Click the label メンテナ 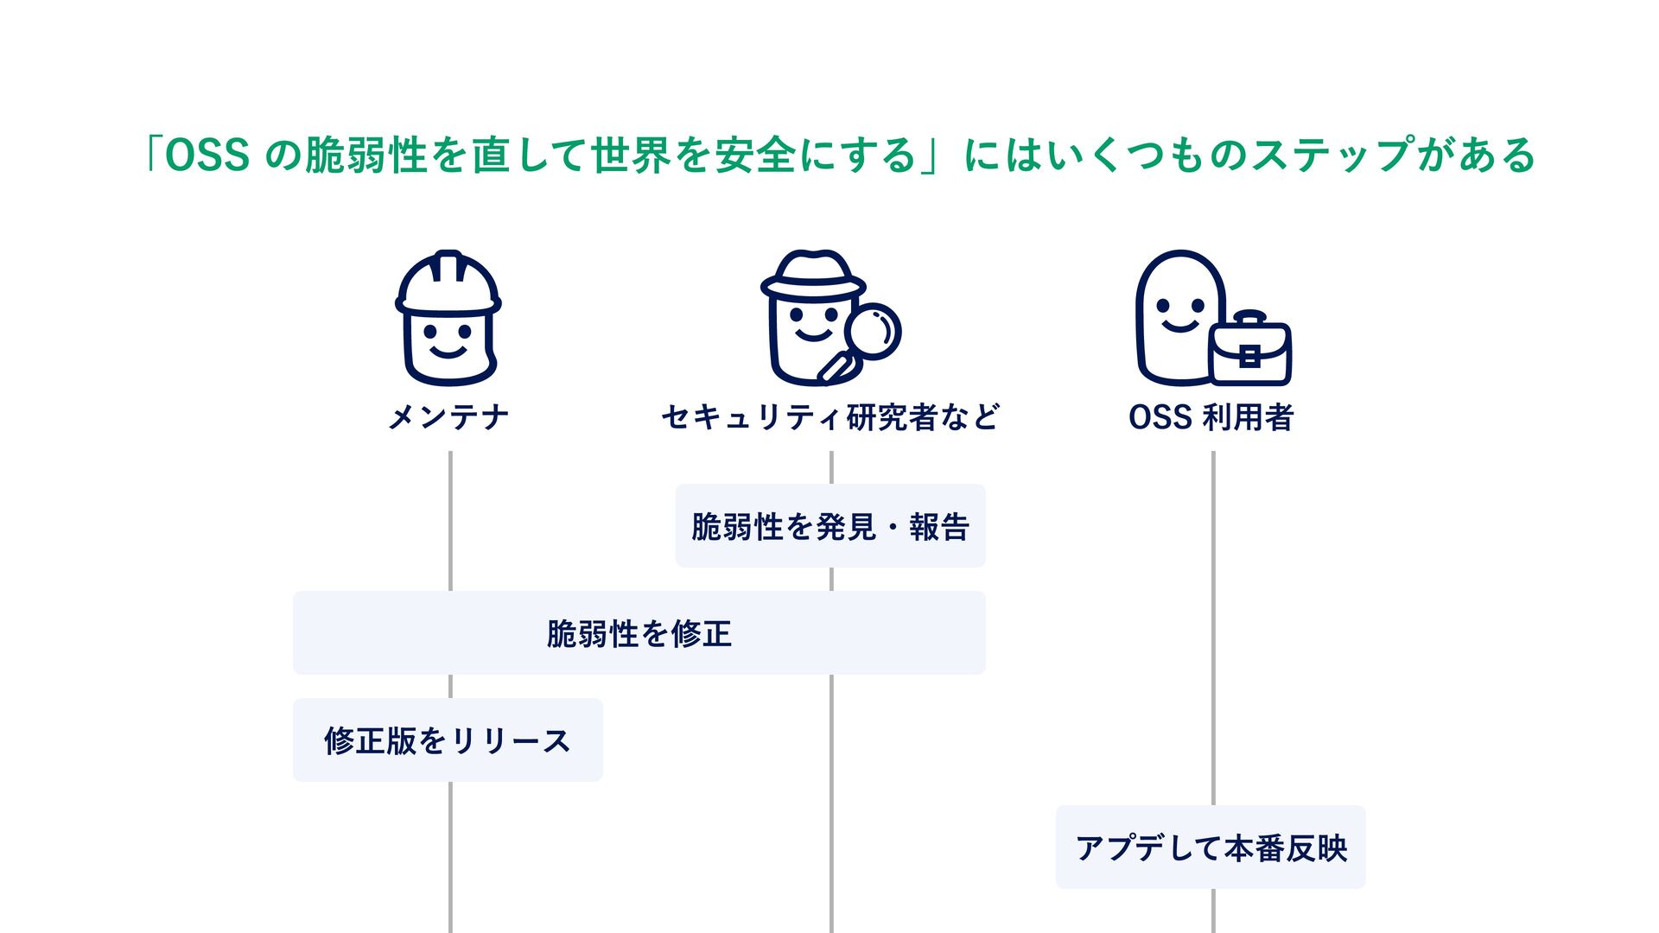pyautogui.click(x=448, y=417)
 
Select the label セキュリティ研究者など pyautogui.click(x=830, y=417)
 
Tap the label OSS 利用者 pyautogui.click(x=1211, y=417)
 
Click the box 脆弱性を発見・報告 pyautogui.click(x=830, y=526)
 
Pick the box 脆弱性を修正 pyautogui.click(x=639, y=633)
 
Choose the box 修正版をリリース pyautogui.click(x=448, y=740)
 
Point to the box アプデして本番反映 pyautogui.click(x=1211, y=847)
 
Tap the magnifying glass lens pyautogui.click(x=873, y=330)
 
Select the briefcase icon pyautogui.click(x=1250, y=352)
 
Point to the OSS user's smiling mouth pyautogui.click(x=1180, y=326)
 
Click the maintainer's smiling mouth pyautogui.click(x=448, y=351)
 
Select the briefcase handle pyautogui.click(x=1249, y=319)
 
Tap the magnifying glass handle pyautogui.click(x=833, y=369)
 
